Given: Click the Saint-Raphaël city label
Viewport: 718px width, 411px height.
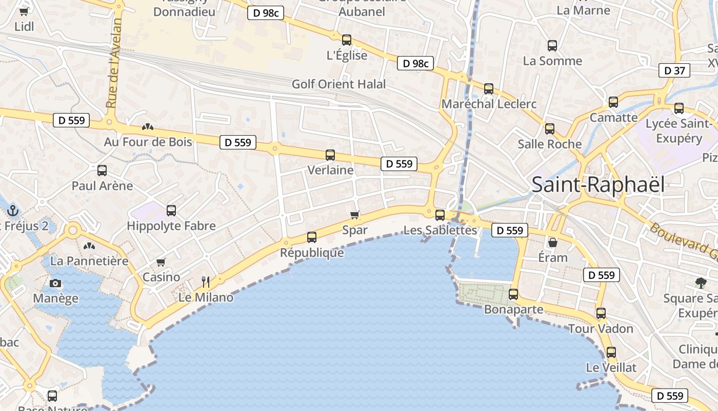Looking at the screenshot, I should coord(597,185).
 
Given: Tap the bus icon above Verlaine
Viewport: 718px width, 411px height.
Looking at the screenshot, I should coord(330,155).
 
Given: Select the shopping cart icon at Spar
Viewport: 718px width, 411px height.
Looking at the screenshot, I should coord(354,215).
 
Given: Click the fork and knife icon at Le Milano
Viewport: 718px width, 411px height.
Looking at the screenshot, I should coord(206,282).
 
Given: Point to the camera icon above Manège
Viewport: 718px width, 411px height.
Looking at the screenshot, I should coord(55,283).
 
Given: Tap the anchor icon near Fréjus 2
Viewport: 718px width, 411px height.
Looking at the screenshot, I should coord(13,211).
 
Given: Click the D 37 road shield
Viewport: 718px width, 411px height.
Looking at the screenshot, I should coord(674,71).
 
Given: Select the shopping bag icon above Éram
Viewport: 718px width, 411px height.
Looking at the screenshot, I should coord(553,242).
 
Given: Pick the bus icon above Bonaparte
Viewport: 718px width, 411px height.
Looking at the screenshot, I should coord(513,294).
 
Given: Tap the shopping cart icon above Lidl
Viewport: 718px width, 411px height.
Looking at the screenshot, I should coord(24,11).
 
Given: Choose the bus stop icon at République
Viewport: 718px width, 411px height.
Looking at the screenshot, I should coord(312,237).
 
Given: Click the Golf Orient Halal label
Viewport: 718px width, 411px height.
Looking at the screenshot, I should coord(338,84).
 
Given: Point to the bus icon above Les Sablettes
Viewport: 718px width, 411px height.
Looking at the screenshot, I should coord(440,215).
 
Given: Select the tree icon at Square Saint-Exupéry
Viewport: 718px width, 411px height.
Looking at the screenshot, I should coord(701,282).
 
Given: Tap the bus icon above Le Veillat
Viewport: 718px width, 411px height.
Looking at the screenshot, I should coord(611,352).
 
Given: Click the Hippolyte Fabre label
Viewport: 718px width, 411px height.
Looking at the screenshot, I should coord(171,226).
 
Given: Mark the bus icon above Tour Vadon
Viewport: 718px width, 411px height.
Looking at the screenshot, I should coord(601,313).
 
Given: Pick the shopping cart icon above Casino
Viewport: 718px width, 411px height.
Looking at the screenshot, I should coord(161,263).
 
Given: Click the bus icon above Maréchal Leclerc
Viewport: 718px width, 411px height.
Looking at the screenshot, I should coord(489,89).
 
